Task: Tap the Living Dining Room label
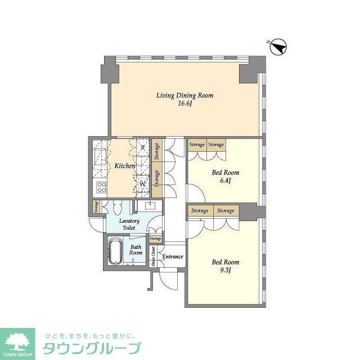click(x=184, y=96)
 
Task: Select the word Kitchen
click(x=125, y=166)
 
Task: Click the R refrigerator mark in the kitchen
click(x=143, y=148)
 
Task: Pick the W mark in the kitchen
click(x=143, y=183)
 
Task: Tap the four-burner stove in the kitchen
click(x=102, y=187)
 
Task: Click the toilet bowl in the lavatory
click(x=117, y=206)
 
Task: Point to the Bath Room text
click(x=136, y=250)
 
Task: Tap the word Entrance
click(x=172, y=257)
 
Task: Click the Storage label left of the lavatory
click(x=97, y=206)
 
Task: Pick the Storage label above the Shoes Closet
click(x=155, y=238)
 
